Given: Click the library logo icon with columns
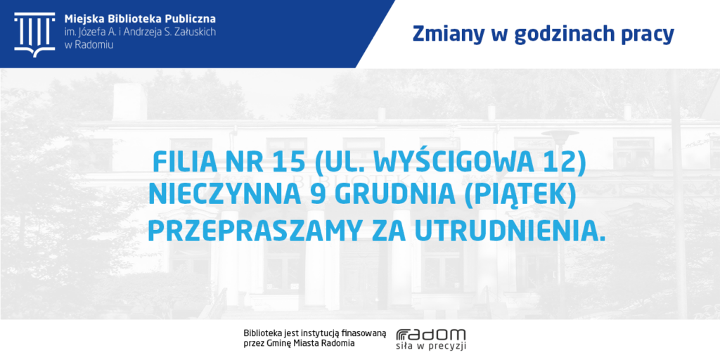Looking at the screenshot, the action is click(34, 34).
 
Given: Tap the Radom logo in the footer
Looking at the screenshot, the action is click(431, 335).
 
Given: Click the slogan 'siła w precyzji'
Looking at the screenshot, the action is click(431, 347).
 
